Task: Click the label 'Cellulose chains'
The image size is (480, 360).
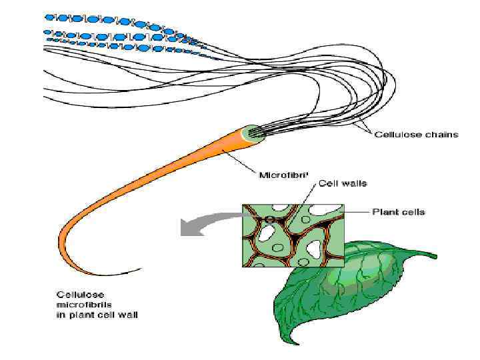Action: pos(416,134)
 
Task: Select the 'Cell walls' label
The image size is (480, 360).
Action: pos(343,183)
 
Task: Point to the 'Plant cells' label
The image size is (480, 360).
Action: pos(399,212)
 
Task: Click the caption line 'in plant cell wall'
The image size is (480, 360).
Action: pos(97,315)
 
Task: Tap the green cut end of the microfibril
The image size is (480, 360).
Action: pos(254,133)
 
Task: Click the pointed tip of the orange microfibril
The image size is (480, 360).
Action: pos(141,269)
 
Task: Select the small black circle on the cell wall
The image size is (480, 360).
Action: pos(269,218)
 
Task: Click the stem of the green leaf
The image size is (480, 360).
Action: pos(427,256)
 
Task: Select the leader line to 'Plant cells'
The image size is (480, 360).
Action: pos(357,212)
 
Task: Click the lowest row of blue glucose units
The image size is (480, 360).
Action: pos(120,47)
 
